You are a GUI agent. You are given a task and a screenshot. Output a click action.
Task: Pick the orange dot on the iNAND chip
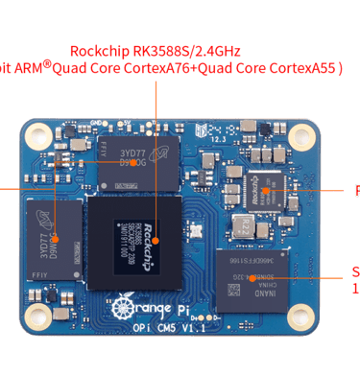252,278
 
